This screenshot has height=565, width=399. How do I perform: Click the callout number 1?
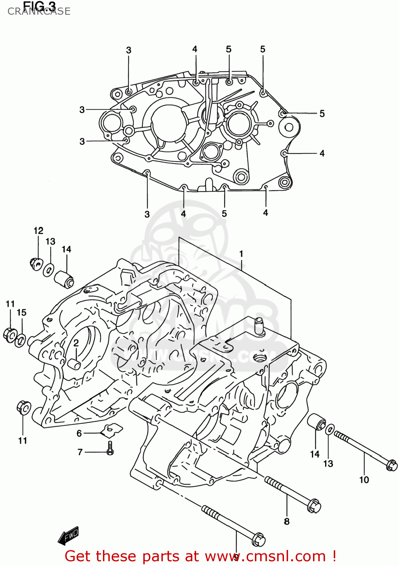[241, 254]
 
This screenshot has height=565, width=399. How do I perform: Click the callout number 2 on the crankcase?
[76, 342]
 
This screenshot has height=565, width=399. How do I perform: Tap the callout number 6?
[79, 433]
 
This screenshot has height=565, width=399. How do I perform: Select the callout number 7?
[80, 452]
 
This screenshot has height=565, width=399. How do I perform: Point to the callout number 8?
[287, 521]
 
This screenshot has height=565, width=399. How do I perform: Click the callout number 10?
[364, 479]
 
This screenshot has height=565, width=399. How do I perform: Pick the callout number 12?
[38, 231]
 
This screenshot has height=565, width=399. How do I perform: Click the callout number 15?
[21, 312]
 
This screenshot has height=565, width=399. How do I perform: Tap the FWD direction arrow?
[68, 536]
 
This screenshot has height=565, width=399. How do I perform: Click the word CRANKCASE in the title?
[39, 11]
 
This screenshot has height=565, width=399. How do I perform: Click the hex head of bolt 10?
[391, 465]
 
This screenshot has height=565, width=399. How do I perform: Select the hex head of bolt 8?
[314, 506]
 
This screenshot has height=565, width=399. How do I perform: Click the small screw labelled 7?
[110, 448]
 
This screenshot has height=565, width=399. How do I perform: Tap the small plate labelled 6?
[113, 429]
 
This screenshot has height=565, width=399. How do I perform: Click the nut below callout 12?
[35, 263]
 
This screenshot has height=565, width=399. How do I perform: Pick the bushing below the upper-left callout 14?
[64, 279]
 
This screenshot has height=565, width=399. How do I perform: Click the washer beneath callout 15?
[20, 340]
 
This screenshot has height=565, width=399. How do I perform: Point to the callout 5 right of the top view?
[322, 113]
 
